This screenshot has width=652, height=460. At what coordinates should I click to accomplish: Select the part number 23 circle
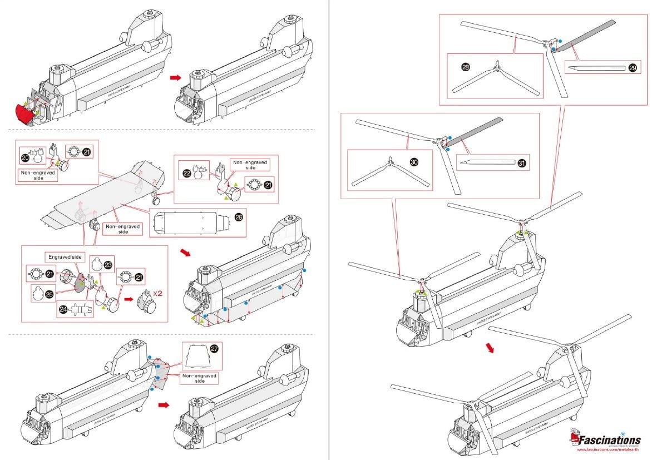coord(108,266)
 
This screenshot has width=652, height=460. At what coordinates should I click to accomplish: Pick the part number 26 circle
coord(239,218)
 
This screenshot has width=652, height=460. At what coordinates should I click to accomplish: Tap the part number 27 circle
coord(214,349)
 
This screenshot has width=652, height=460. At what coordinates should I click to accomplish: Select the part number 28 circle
coord(465,67)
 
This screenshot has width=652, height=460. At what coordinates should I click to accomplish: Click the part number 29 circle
coord(633,68)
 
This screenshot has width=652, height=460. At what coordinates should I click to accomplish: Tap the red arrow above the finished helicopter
coord(490,348)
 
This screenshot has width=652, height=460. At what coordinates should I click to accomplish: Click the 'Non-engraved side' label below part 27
coord(199,378)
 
